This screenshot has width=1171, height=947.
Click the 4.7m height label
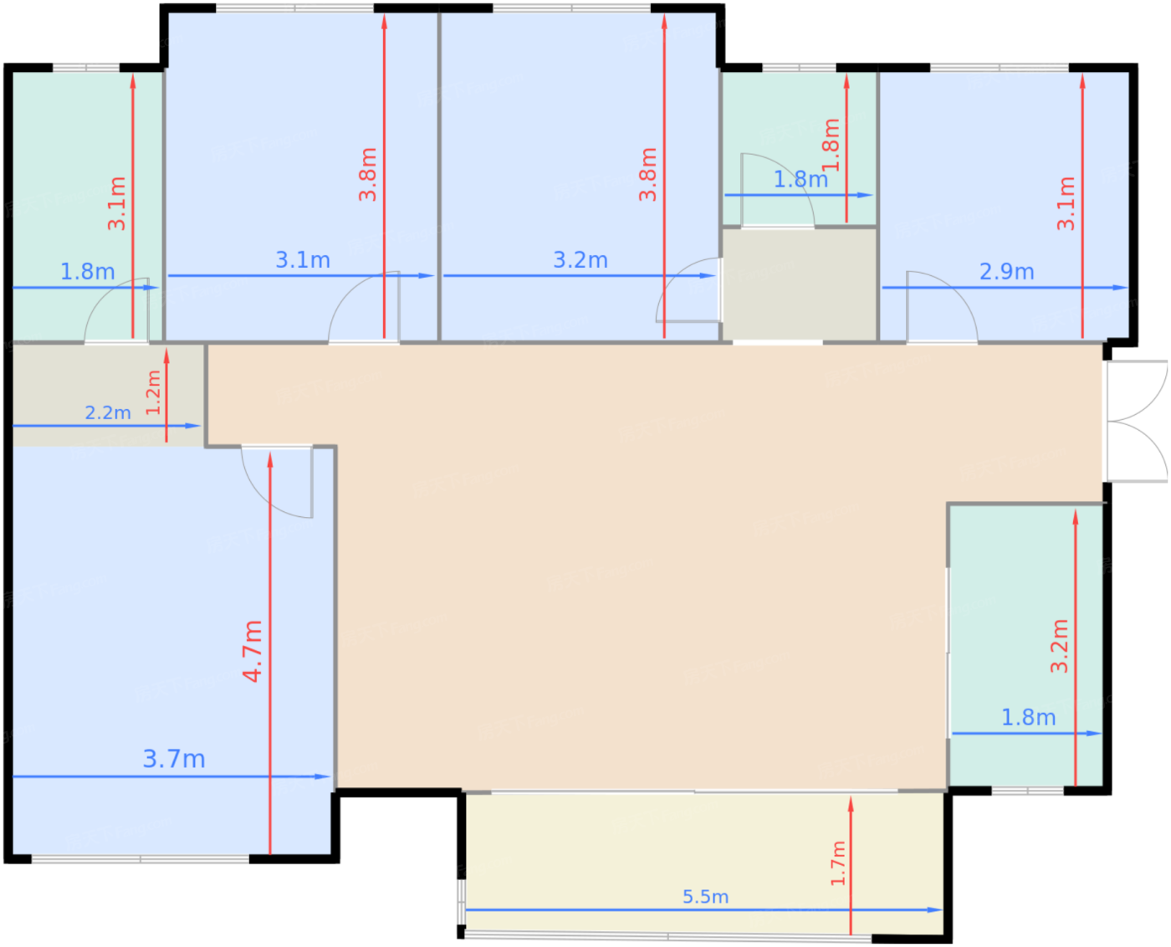click(x=253, y=651)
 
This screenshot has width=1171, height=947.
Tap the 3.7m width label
click(x=174, y=759)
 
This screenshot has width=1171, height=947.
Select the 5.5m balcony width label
click(x=705, y=897)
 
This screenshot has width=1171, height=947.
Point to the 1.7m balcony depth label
click(x=837, y=863)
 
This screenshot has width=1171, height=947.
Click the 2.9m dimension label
click(x=1006, y=272)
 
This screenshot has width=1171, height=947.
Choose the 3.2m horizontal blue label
click(x=580, y=260)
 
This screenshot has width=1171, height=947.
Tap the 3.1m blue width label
click(x=303, y=260)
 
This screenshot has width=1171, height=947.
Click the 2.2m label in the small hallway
click(x=108, y=412)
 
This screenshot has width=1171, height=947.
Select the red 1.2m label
click(x=153, y=392)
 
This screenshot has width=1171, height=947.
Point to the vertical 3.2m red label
click(x=1059, y=646)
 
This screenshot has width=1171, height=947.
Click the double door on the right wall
click(x=1136, y=421)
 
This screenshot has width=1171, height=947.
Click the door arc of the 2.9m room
click(x=941, y=306)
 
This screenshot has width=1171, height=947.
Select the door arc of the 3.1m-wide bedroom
click(x=364, y=307)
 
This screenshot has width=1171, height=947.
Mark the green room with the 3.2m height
click(x=1025, y=644)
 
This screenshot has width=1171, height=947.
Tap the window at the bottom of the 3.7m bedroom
click(x=141, y=858)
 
